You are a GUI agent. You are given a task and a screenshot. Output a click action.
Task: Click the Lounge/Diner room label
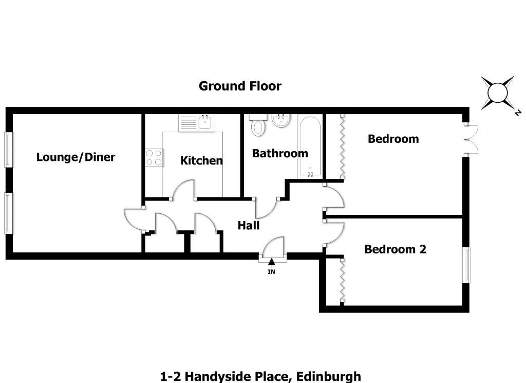76,157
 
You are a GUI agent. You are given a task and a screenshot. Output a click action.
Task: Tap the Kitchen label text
201,160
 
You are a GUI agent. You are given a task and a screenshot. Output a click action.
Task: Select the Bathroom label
280,153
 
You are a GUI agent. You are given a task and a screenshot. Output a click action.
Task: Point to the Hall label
249,225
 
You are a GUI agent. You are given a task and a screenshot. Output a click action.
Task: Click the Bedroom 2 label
395,249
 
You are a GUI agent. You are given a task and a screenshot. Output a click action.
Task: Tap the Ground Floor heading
240,86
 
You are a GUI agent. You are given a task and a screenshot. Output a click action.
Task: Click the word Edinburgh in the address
328,377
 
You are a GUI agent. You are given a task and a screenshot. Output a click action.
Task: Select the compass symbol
497,93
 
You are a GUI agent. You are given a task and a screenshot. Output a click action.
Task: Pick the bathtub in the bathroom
310,147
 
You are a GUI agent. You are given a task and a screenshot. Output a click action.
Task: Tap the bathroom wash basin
280,120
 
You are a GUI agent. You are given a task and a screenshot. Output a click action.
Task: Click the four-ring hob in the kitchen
154,158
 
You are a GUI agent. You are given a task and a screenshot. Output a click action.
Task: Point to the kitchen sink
205,122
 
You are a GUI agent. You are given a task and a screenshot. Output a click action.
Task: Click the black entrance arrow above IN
271,262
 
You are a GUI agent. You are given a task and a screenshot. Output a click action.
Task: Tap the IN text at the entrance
271,271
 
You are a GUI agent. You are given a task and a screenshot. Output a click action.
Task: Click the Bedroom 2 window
466,265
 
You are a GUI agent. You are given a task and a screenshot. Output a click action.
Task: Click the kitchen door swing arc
183,189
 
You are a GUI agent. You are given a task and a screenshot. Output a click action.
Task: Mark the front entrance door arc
272,245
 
